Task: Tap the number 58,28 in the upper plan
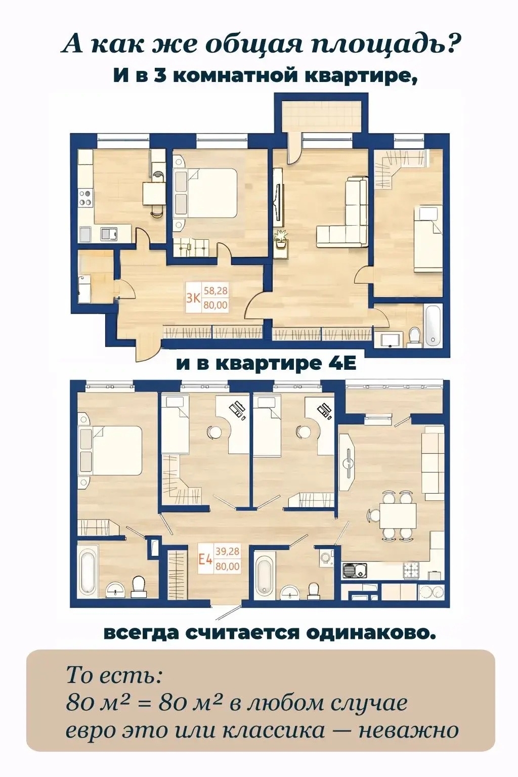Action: pyautogui.click(x=215, y=291)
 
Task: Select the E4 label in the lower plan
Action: pyautogui.click(x=204, y=559)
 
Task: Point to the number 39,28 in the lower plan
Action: pyautogui.click(x=228, y=552)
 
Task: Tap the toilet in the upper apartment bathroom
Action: pyautogui.click(x=415, y=336)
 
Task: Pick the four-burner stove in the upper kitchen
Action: pyautogui.click(x=85, y=197)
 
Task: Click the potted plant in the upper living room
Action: pyautogui.click(x=281, y=238)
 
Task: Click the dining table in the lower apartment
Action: pyautogui.click(x=398, y=515)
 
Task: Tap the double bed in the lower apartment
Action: pyautogui.click(x=111, y=450)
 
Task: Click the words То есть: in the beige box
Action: pyautogui.click(x=114, y=675)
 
